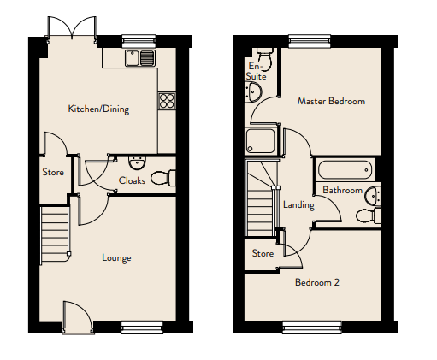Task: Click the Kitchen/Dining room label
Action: coord(98,109)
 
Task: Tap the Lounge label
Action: coord(116,257)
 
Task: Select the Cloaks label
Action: coord(132,180)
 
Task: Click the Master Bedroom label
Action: coord(331,101)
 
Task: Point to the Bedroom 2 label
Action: coord(317,282)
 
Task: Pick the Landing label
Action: coord(298,204)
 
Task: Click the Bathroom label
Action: coord(342,190)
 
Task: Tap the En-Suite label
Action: coord(256,71)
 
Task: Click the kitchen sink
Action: coord(140,58)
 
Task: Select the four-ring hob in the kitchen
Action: coord(167,101)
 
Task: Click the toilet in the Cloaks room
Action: coord(163,178)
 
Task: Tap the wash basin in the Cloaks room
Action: coord(137,162)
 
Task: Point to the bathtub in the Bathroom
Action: coord(345,170)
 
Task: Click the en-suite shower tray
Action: coord(260,141)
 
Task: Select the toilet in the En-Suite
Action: coord(265,57)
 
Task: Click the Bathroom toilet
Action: coord(368,215)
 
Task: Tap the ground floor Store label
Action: coord(53,172)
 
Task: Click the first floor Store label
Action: coord(263,253)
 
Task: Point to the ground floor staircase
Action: coord(56,235)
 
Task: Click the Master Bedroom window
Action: coord(310,41)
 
